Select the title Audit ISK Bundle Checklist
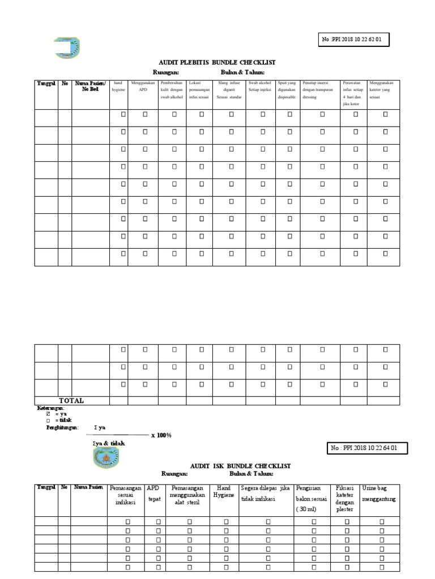(240, 465)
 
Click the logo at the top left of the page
(67, 47)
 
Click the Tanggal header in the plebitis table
(46, 83)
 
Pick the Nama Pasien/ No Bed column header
(90, 86)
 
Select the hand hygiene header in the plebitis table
(119, 87)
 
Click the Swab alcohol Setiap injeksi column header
(260, 87)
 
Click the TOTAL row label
(71, 400)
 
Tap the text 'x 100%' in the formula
(161, 435)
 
